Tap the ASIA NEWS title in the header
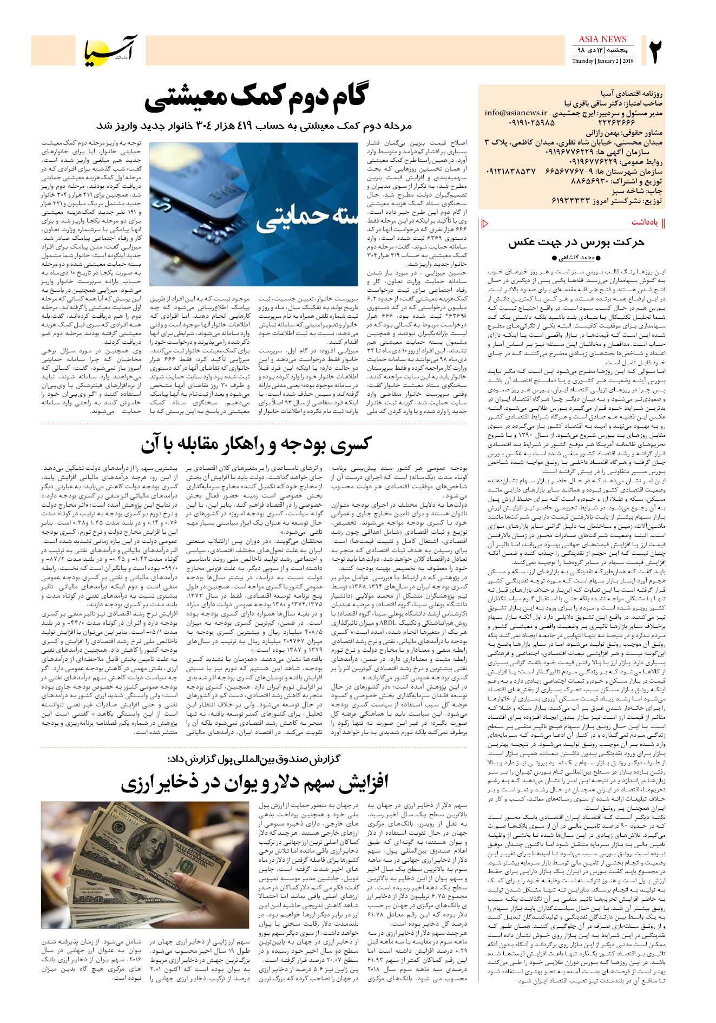(602, 39)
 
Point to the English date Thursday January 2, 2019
(602, 61)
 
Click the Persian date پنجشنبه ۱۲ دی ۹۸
(602, 50)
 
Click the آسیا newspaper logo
(111, 50)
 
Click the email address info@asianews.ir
(515, 113)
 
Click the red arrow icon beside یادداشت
(485, 223)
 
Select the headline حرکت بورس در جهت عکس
(576, 242)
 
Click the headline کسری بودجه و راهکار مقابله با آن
(256, 444)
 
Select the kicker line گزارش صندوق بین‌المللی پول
(254, 759)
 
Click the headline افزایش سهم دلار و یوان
(254, 782)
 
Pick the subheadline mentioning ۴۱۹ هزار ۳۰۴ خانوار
(254, 126)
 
